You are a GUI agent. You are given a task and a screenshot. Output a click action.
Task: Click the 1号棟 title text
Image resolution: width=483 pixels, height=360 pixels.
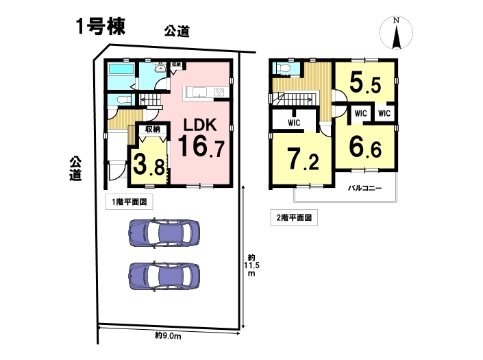(x=101, y=26)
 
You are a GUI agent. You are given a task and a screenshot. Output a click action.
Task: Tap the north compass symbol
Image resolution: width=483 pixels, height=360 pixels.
(x=396, y=33)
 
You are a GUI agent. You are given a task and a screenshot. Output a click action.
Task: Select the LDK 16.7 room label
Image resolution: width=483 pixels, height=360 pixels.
(x=201, y=137)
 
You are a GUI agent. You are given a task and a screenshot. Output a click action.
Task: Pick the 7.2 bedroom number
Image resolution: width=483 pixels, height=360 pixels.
(x=304, y=159)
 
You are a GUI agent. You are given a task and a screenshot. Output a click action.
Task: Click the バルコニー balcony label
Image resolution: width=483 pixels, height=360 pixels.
(x=364, y=188)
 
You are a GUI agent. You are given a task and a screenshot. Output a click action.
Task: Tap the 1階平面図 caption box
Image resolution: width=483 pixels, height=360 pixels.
(x=129, y=202)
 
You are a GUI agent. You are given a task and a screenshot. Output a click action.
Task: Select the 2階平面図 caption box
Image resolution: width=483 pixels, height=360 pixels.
(x=294, y=218)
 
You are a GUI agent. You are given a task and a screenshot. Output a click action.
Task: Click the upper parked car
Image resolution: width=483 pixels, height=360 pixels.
(x=164, y=232)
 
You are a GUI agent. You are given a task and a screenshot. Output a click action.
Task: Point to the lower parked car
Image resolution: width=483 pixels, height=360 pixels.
(x=164, y=276)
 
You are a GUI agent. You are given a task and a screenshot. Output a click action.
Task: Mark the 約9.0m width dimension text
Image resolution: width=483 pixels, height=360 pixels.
(x=168, y=335)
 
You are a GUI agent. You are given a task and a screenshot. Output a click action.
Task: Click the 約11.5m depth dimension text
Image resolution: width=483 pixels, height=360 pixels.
(x=251, y=265)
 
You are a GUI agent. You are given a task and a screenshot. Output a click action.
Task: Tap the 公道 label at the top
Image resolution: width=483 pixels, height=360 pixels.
(x=177, y=31)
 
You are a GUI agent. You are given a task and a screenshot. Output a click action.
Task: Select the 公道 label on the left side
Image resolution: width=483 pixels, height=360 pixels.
(x=75, y=169)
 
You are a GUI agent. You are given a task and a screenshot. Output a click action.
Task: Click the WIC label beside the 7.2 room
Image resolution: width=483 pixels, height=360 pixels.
(x=294, y=123)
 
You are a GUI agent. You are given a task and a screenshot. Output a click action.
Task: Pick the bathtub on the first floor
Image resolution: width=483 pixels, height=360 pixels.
(x=121, y=69)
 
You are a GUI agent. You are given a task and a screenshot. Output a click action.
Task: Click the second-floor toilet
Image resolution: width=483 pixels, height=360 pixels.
(x=282, y=68)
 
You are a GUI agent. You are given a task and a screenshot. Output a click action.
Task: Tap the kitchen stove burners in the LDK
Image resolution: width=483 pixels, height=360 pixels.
(x=220, y=92)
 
